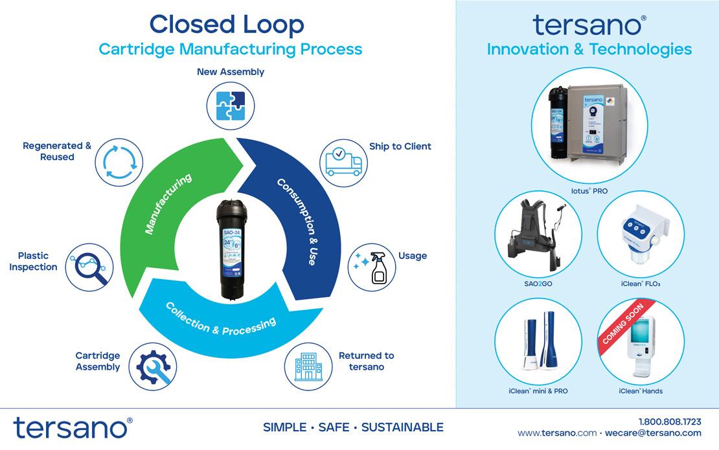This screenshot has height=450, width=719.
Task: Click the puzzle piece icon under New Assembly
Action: pos(231,104)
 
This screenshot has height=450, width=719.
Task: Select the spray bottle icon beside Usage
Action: pos(371,267)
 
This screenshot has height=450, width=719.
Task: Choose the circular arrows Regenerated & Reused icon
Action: pos(119,159)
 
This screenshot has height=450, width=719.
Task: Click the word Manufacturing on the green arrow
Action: pos(168,203)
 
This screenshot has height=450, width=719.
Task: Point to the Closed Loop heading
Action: pos(226,25)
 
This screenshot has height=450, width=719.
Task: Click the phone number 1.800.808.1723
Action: pos(670,421)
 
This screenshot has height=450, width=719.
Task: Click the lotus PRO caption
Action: pos(589,191)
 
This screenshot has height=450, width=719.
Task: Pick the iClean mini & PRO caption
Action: pos(538,391)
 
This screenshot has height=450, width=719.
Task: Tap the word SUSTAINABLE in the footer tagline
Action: pos(402,427)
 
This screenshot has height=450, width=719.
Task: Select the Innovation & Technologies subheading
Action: pos(589,49)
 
